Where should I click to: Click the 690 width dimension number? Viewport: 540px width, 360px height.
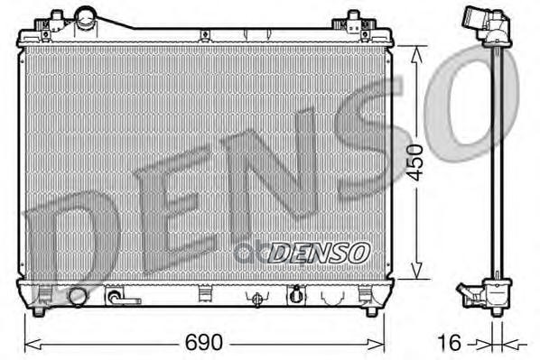[204, 342]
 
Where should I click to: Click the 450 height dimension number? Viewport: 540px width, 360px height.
[414, 162]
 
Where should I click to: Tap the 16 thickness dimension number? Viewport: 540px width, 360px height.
[449, 342]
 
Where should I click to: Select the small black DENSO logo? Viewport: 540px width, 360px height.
[319, 253]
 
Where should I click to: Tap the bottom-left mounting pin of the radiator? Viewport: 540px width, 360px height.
[39, 311]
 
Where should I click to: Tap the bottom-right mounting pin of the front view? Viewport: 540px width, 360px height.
[371, 311]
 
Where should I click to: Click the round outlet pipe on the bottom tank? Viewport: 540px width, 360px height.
[77, 296]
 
